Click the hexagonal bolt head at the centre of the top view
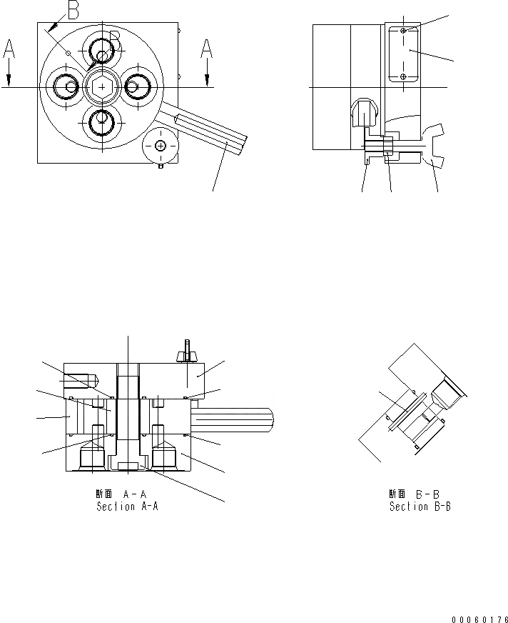pos(101,86)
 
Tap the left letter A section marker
pos(9,49)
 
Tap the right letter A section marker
pos(206,49)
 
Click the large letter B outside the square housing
pos(73,10)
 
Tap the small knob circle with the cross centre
pos(160,146)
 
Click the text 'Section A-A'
pos(126,507)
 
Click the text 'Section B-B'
pos(420,507)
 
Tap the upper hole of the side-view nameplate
pos(404,31)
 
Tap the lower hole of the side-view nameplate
pos(404,76)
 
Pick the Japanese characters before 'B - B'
pos(397,494)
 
